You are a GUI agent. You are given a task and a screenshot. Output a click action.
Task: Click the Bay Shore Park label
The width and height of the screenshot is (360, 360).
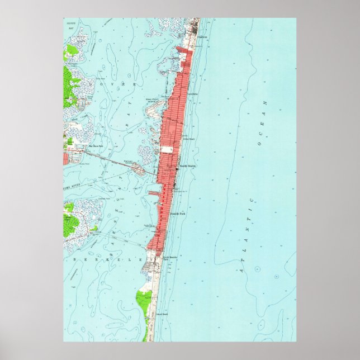point(83,147)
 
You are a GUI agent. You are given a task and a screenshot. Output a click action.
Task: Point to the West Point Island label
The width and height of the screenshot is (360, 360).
point(152,102)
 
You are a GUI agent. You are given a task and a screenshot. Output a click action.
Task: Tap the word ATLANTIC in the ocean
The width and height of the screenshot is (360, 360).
point(247,235)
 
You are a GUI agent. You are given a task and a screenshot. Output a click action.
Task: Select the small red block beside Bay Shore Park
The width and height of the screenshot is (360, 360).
point(65,158)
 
